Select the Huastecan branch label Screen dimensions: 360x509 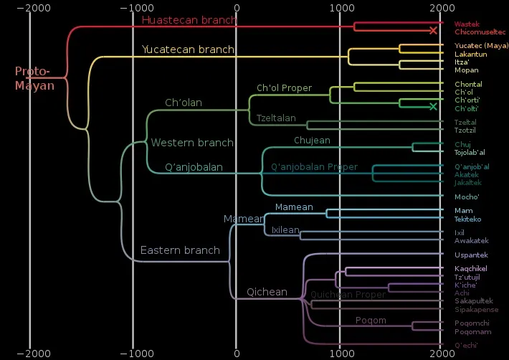click(x=189, y=20)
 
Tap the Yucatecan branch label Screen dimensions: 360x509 click(x=188, y=49)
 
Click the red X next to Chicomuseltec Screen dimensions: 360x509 click(x=433, y=30)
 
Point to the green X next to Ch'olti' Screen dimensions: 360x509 click(x=433, y=107)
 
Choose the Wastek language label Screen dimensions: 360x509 click(x=467, y=24)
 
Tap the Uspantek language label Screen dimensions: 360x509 click(x=471, y=255)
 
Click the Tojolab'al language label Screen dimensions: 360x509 click(x=470, y=152)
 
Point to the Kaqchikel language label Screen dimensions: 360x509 click(x=471, y=268)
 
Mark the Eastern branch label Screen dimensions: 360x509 click(x=180, y=250)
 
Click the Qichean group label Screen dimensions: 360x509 click(x=267, y=292)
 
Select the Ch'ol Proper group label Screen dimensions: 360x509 click(x=284, y=88)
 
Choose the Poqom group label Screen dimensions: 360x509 click(x=371, y=320)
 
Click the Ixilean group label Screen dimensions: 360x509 click(x=285, y=230)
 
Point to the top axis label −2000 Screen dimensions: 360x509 click(x=29, y=7)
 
